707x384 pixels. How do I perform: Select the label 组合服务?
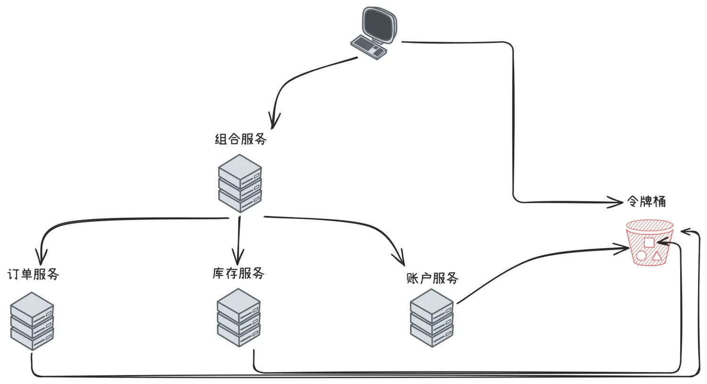(x=240, y=139)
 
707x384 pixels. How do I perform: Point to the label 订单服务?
(x=33, y=274)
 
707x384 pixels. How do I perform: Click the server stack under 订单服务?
(x=32, y=321)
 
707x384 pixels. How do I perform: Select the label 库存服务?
(x=238, y=273)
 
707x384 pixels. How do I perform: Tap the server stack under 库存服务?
(x=238, y=318)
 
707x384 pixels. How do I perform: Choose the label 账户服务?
(x=432, y=278)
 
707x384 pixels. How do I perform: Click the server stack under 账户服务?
(x=432, y=318)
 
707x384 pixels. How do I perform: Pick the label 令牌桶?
(x=646, y=201)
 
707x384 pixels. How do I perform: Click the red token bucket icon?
(x=649, y=243)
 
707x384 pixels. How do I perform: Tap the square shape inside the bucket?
(x=649, y=242)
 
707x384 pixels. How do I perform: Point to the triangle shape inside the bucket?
(x=657, y=257)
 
